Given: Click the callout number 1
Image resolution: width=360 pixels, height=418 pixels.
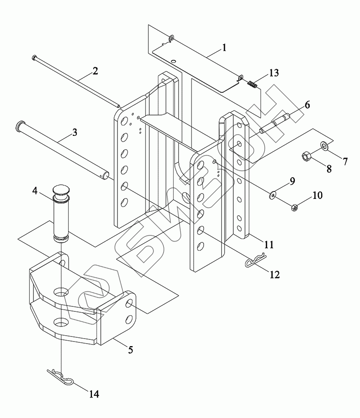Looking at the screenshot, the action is [224, 48].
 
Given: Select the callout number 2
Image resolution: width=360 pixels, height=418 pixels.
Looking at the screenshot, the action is [95, 71].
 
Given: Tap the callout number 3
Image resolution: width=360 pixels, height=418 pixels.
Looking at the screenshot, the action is [75, 132].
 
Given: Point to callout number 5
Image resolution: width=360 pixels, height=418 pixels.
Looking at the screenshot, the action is [130, 350].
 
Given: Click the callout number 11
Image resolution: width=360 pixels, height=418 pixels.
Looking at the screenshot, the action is [269, 245].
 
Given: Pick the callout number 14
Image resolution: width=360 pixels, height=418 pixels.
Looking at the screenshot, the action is [94, 394].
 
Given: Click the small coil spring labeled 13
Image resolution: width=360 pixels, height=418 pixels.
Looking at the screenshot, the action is [252, 84].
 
